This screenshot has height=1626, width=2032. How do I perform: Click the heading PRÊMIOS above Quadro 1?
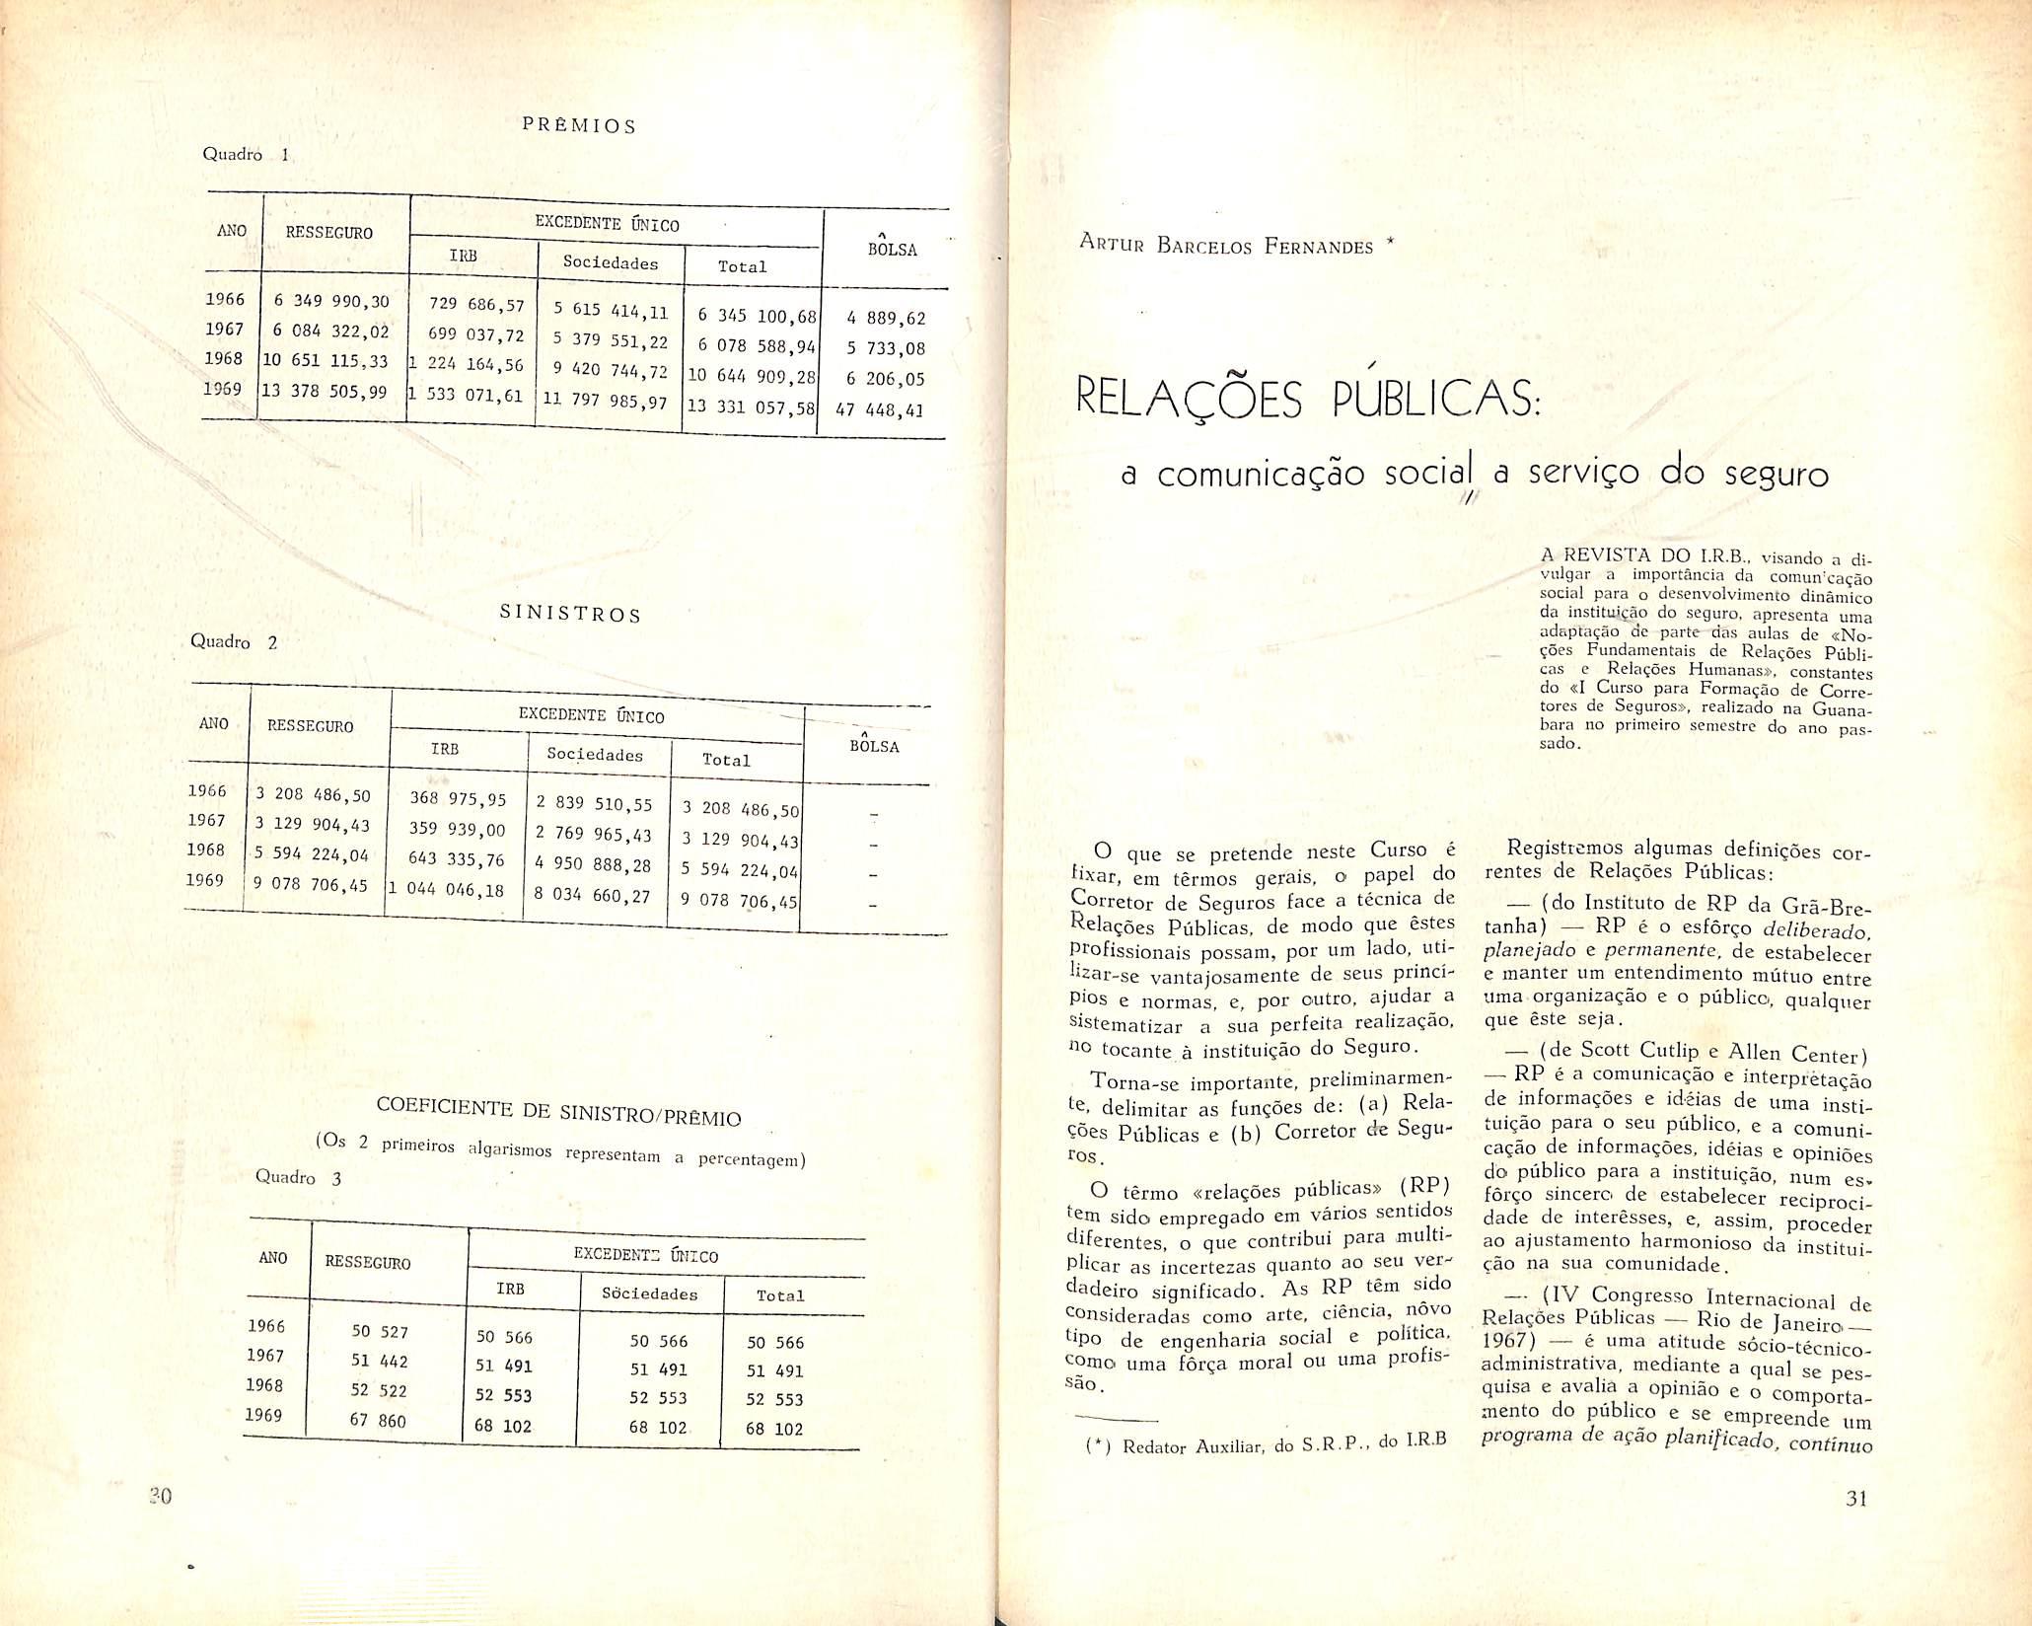tap(578, 126)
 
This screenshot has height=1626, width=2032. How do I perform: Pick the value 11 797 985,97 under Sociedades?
tap(607, 403)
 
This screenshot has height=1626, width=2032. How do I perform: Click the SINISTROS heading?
tap(570, 614)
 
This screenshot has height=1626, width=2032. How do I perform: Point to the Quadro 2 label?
tap(234, 642)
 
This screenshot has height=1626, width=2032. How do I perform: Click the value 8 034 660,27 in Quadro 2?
tap(593, 895)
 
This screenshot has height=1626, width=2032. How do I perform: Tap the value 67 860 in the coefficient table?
tap(379, 1421)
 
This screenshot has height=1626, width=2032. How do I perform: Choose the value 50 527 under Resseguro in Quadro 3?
tap(380, 1331)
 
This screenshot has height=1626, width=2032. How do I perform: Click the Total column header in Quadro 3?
tap(780, 1295)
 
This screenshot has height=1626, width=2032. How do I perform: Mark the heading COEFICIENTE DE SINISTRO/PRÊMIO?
tap(558, 1111)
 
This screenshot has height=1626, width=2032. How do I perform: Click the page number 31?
tap(1856, 1526)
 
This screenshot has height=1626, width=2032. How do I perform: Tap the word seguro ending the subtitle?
tap(1776, 476)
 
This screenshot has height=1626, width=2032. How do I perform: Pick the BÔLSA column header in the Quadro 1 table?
tap(892, 250)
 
